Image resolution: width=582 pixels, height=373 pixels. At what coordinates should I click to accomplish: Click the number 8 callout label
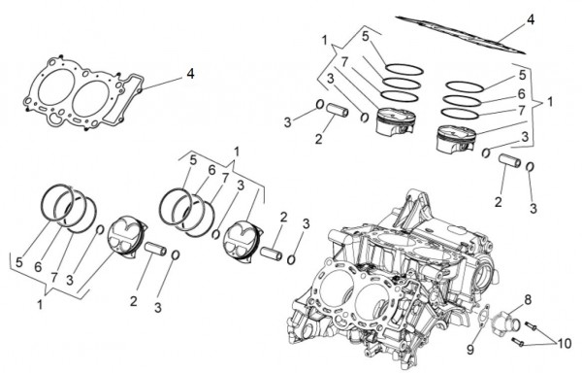528,299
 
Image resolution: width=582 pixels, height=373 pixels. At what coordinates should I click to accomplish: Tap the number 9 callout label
470,350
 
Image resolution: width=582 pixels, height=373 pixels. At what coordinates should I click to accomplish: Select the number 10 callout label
565,343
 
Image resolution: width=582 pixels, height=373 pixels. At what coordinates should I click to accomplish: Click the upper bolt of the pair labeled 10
531,325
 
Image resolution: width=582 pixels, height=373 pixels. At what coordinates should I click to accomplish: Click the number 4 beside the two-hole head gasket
190,74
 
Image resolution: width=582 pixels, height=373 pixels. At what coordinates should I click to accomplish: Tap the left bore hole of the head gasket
56,90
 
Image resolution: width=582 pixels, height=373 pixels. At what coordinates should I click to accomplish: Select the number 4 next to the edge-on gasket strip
531,19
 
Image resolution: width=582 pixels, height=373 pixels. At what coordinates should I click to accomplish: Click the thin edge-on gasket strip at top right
460,35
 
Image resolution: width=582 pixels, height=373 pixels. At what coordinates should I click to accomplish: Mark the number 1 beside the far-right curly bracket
550,101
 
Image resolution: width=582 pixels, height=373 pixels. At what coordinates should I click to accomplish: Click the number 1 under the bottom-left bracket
40,305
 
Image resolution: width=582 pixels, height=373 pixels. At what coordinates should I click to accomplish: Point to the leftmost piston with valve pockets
125,237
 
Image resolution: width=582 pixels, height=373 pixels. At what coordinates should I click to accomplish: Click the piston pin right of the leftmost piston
155,249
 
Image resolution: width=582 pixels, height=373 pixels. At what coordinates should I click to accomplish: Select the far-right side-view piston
456,139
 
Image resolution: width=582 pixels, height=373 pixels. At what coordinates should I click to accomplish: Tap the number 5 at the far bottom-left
19,262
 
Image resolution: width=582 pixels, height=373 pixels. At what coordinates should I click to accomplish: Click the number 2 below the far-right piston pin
499,202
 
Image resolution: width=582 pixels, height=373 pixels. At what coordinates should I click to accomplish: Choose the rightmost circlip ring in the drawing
530,167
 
